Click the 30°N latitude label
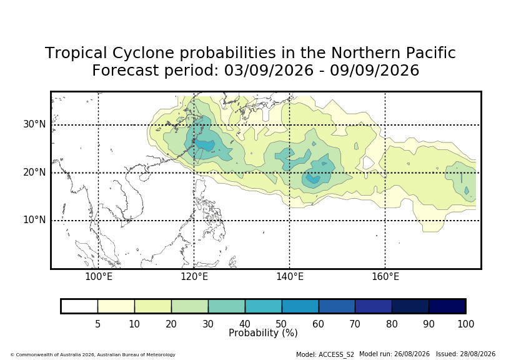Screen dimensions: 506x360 34,124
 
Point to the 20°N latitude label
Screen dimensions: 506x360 34,172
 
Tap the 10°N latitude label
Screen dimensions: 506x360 34,220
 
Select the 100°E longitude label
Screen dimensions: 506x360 99,277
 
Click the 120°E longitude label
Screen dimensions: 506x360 194,277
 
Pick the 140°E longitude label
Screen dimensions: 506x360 290,277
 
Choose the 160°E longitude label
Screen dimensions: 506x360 385,277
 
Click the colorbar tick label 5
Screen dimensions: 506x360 98,324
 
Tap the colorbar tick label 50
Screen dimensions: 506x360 281,324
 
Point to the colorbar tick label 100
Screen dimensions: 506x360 465,324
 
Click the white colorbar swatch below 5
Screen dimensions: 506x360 79,306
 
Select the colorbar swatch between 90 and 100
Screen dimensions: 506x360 447,306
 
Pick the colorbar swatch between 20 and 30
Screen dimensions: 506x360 190,306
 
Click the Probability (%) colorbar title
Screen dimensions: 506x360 263,333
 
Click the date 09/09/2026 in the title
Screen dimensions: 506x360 374,71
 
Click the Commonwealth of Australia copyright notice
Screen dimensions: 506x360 93,354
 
